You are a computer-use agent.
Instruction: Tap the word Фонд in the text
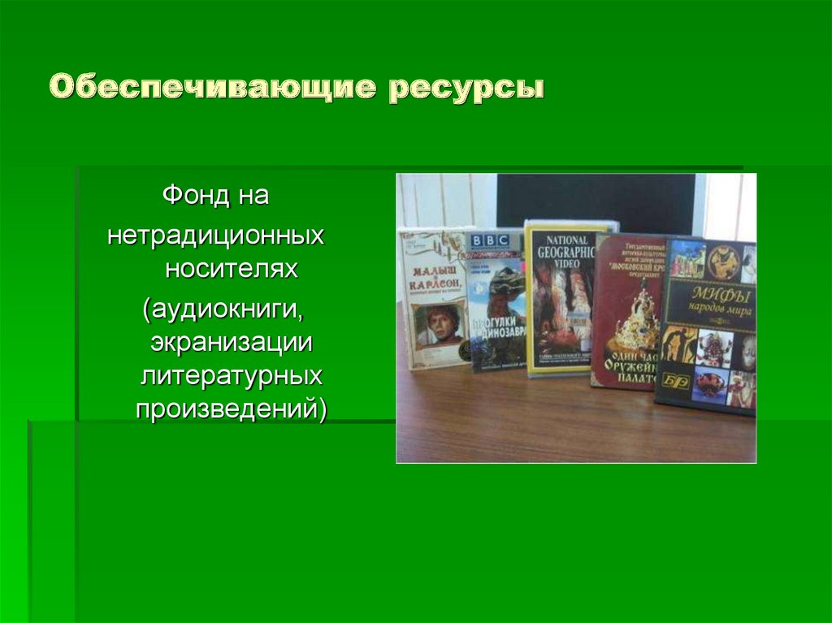[x=192, y=196]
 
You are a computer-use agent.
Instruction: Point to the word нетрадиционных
[x=216, y=236]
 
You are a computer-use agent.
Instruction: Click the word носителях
[x=232, y=269]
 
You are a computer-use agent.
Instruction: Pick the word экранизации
[x=232, y=342]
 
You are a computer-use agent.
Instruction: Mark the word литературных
[x=232, y=376]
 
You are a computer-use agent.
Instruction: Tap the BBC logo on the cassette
[x=487, y=241]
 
